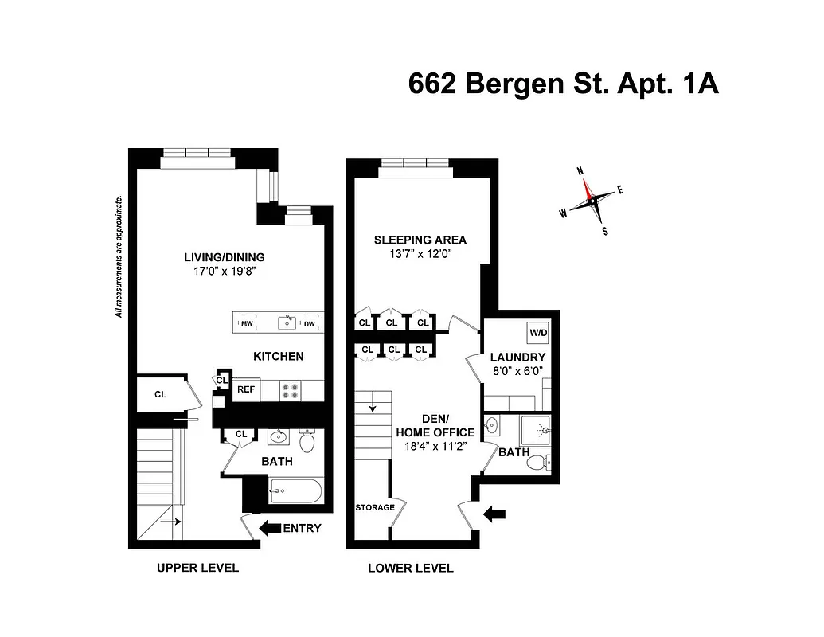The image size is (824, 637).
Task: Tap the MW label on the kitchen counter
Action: click(x=247, y=324)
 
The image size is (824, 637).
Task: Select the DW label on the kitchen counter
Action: click(x=310, y=324)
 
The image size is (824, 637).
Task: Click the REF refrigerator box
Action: click(x=245, y=390)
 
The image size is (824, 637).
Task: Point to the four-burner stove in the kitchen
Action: click(x=291, y=390)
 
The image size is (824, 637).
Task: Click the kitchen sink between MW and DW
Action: click(x=287, y=322)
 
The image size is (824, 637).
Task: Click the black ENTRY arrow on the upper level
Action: click(x=270, y=527)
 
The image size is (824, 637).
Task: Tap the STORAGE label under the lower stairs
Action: click(x=374, y=507)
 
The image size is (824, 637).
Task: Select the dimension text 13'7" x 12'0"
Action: click(x=420, y=255)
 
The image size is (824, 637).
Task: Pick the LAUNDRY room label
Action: click(x=517, y=358)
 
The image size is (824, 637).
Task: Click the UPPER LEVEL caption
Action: click(x=197, y=568)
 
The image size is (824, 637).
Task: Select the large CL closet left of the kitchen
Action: click(x=160, y=393)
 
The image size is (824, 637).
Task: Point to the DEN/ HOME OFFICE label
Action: click(x=435, y=426)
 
